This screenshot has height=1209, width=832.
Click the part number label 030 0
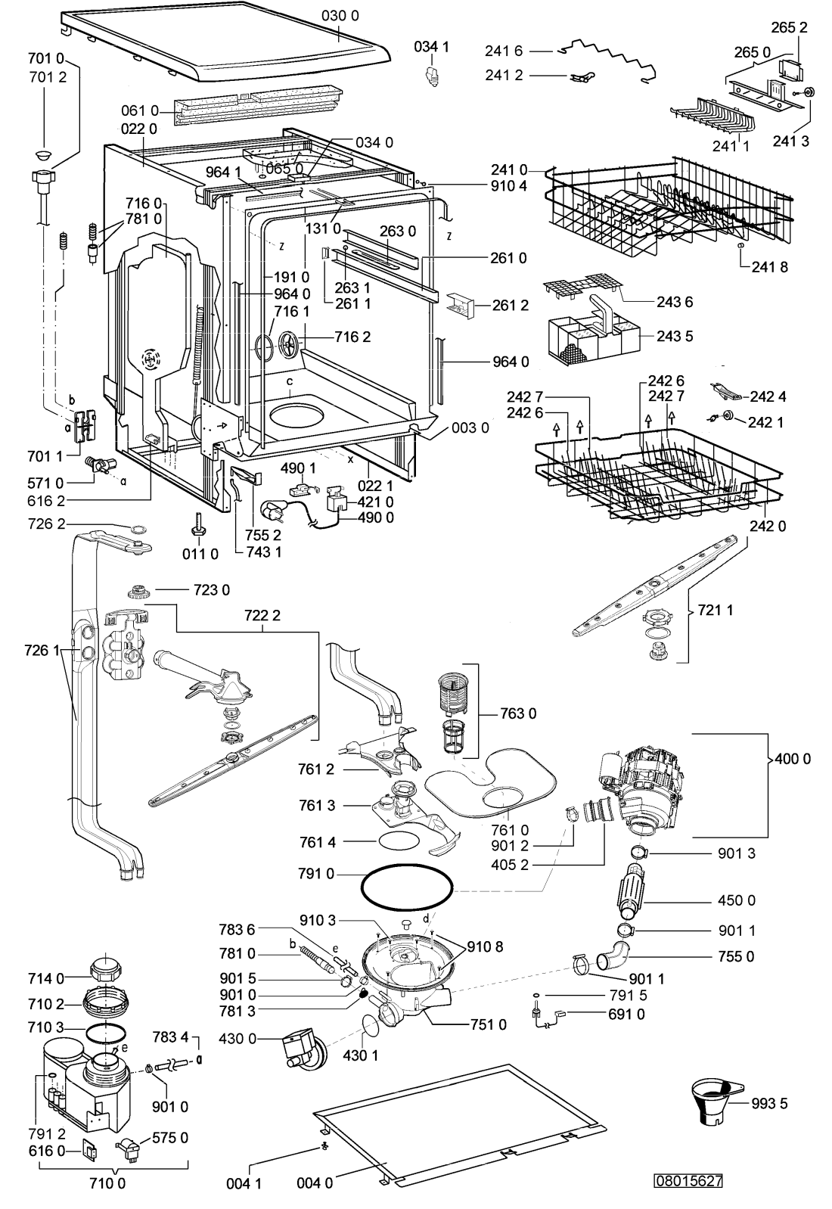pos(340,16)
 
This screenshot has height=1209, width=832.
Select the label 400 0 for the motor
pos(792,758)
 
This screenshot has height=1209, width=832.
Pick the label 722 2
pos(262,615)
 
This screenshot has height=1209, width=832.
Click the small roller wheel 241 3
pos(809,92)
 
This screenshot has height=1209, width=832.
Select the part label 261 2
pos(511,305)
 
